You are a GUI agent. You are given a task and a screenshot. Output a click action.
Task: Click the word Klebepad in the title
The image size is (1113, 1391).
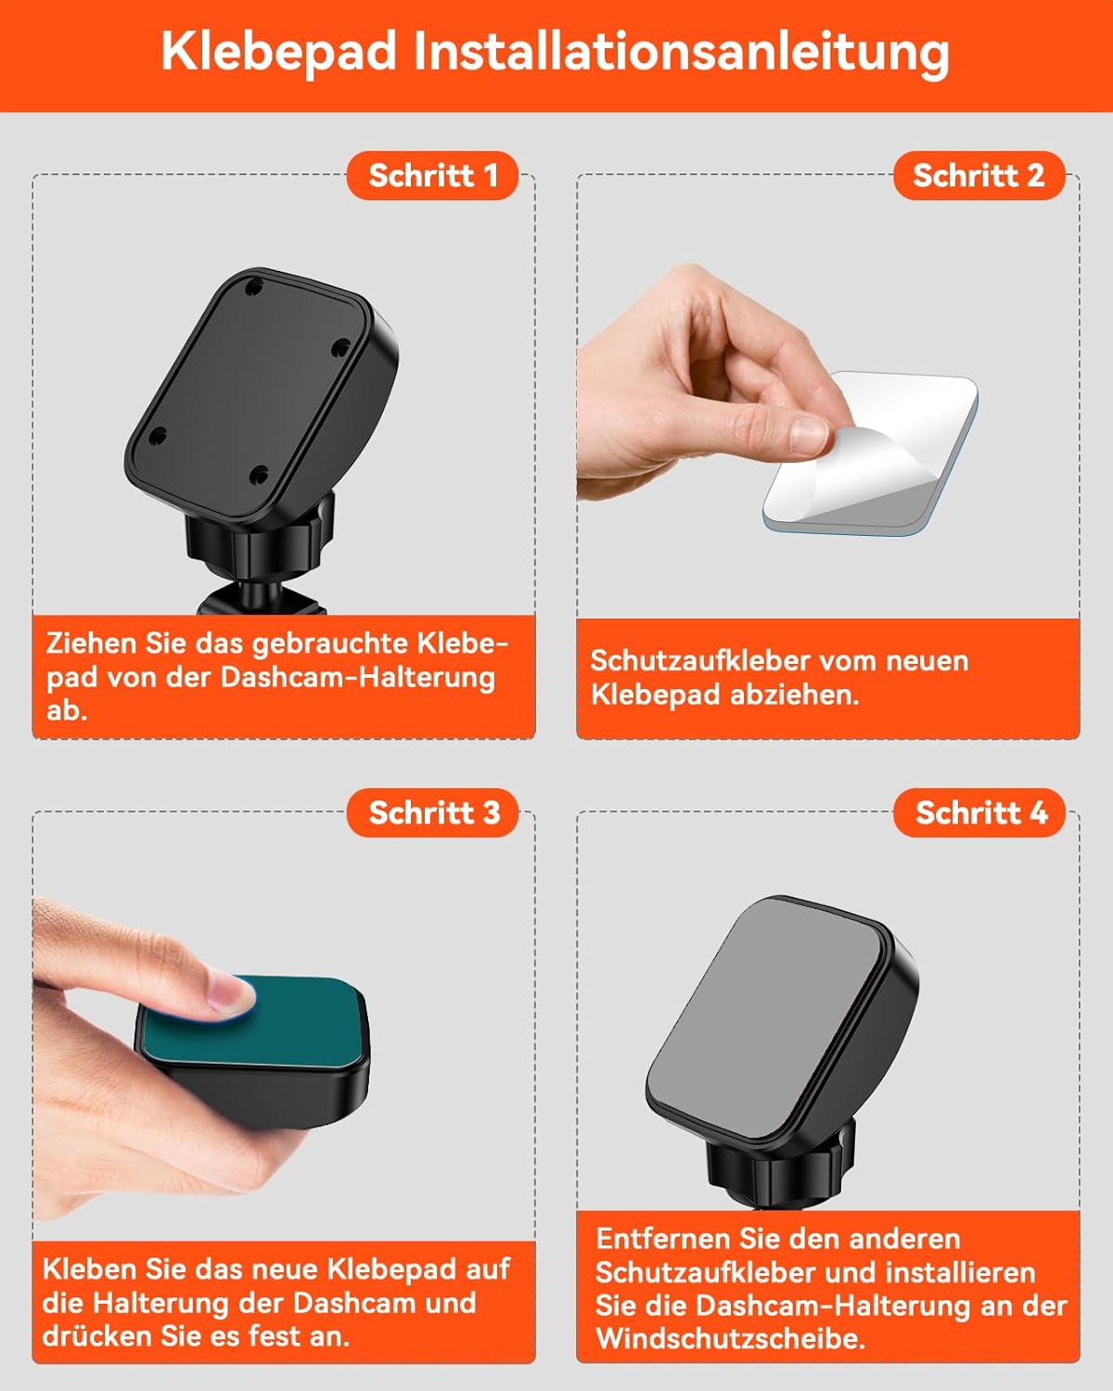point(279,52)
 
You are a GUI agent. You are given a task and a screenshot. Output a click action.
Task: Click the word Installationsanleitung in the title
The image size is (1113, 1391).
point(682,52)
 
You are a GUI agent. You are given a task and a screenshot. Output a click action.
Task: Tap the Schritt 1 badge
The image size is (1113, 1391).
point(432,176)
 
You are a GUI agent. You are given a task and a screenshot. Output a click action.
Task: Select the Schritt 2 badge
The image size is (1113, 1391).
point(979,176)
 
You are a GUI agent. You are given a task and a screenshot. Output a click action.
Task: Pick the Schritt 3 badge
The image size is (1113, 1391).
point(432,813)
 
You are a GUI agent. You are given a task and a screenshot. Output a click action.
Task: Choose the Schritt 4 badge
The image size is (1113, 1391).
point(979,813)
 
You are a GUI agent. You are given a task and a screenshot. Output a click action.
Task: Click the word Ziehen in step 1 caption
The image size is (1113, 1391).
point(91,644)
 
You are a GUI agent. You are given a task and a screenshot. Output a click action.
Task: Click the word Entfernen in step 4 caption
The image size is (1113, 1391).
point(663,1239)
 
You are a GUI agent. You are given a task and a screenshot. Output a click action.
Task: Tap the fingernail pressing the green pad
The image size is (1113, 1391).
point(232,992)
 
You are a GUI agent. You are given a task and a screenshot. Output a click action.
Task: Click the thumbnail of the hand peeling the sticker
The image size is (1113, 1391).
point(809,433)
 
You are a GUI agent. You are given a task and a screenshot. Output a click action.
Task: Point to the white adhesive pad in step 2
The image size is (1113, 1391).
point(871,453)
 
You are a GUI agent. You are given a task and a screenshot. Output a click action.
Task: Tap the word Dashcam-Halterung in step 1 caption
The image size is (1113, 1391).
point(358,678)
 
